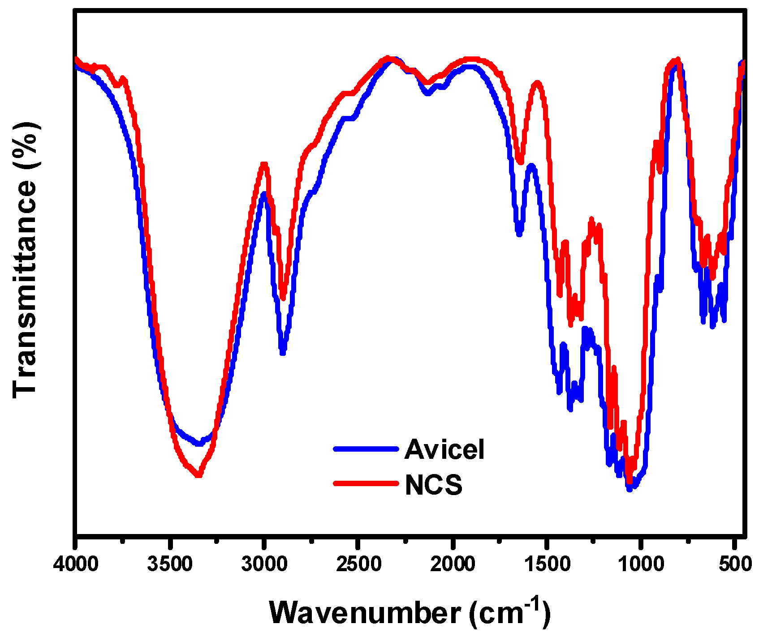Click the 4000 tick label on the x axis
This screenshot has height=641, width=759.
(76, 564)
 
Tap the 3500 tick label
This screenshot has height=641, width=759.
(170, 564)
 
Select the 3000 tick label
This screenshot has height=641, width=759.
(264, 564)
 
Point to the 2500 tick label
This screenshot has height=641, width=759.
(358, 564)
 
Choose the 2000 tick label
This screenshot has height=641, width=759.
(453, 564)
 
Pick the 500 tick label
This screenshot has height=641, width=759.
(735, 564)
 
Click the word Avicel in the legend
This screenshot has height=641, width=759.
(444, 449)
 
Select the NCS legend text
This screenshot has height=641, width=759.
(433, 485)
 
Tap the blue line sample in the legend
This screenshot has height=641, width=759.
(366, 449)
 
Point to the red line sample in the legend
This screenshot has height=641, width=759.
(366, 483)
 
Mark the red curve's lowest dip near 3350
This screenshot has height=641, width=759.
(198, 475)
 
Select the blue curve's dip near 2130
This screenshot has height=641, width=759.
(427, 94)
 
